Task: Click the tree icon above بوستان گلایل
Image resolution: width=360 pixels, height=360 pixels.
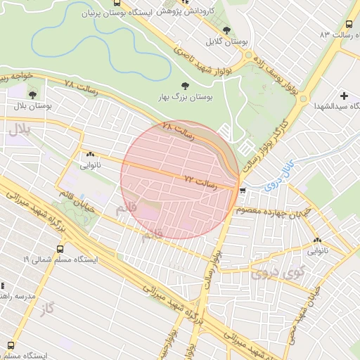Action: click(226, 30)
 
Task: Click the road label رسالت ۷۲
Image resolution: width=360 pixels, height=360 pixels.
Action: click(198, 181)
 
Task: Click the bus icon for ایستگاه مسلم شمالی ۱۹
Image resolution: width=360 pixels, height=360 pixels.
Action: click(60, 248)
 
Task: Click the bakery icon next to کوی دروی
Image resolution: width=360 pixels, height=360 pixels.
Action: click(318, 239)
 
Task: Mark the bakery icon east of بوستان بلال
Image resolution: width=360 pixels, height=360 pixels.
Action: click(90, 155)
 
